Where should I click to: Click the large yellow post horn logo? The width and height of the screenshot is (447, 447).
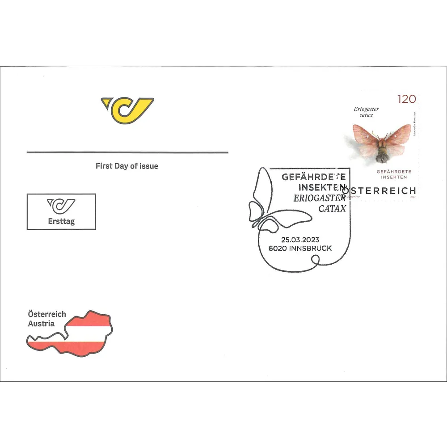127,110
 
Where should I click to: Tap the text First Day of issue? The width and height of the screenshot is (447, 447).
127,166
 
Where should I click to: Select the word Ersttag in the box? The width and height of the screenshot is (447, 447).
61,221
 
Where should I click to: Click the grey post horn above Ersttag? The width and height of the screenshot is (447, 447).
62,206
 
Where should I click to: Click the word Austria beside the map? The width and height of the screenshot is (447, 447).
41,324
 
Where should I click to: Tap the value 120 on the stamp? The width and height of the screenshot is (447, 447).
406,99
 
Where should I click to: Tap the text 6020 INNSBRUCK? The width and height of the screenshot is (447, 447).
300,248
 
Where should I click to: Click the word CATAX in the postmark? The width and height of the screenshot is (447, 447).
332,208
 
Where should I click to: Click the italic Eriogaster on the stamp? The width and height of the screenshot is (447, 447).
366,109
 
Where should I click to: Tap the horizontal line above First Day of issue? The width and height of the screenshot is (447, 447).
127,152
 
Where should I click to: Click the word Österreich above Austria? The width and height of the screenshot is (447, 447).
47,314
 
